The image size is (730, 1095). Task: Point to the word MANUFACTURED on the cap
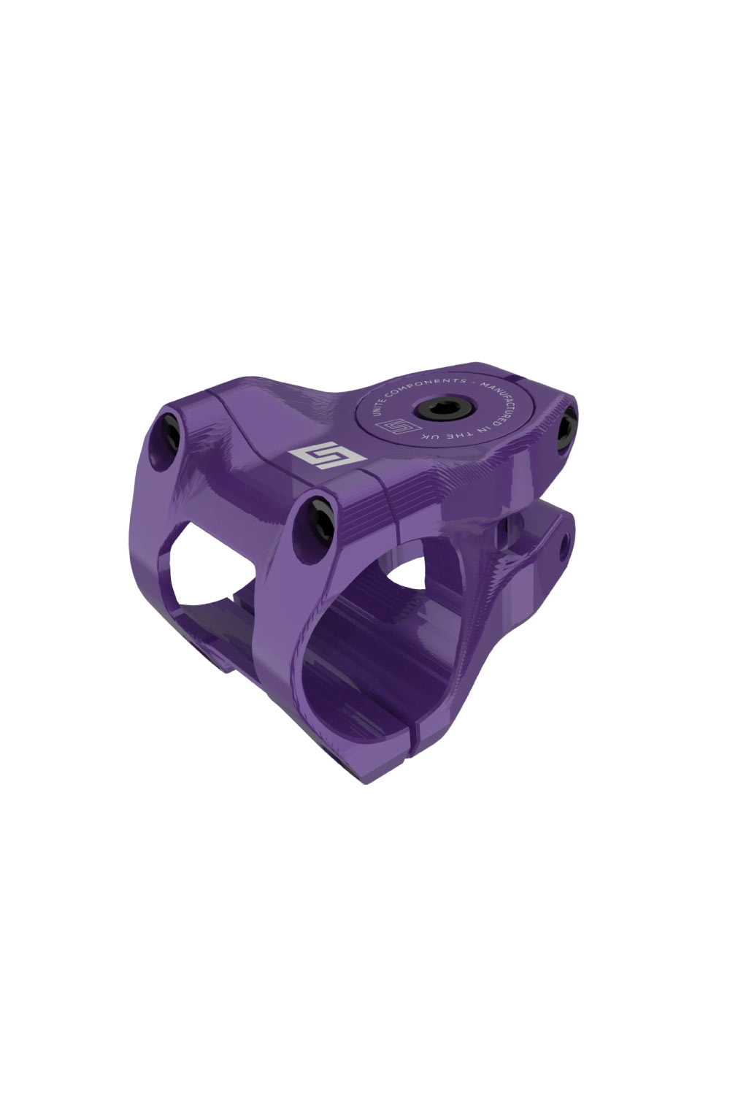point(502,404)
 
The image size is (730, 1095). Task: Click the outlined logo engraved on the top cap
point(398,426)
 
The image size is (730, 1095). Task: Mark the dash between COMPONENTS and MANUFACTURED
point(473,383)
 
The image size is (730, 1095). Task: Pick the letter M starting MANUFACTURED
point(483,385)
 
